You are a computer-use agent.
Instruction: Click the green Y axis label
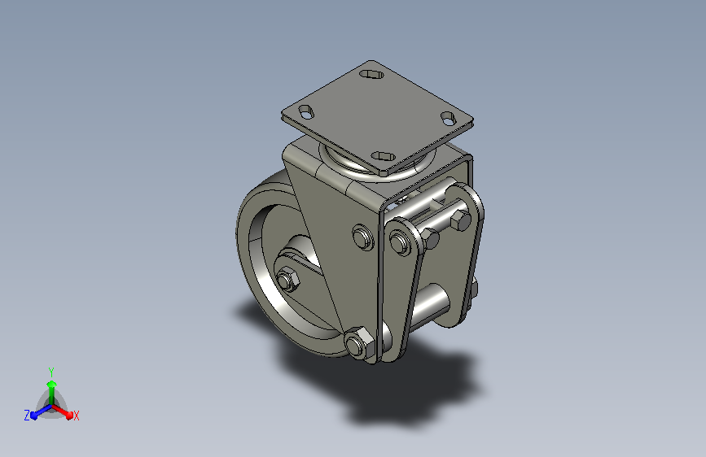click(x=51, y=372)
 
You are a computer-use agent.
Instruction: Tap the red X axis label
click(x=76, y=416)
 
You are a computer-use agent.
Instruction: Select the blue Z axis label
click(x=27, y=416)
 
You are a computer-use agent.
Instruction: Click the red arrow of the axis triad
click(x=63, y=411)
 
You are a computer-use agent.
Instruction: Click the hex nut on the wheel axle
click(x=287, y=280)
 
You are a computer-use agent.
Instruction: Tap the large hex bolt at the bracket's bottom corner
click(x=359, y=343)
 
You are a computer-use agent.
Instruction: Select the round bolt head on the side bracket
click(x=363, y=237)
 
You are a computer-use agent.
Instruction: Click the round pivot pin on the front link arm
click(x=399, y=243)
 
